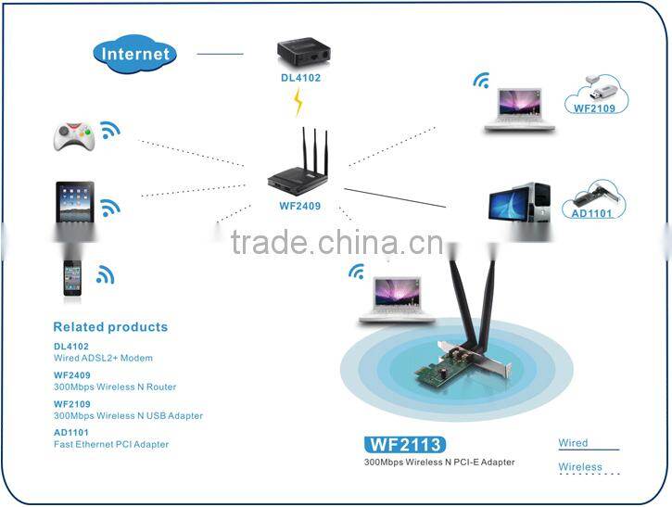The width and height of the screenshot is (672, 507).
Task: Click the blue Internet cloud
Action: click(135, 53)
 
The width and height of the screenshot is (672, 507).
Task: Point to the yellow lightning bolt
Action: click(298, 101)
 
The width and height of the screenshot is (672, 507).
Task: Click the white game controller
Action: click(72, 137)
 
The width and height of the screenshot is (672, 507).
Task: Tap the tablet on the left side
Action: click(75, 202)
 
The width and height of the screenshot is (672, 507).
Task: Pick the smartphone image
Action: click(72, 276)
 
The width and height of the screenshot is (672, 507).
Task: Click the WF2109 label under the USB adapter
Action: click(595, 108)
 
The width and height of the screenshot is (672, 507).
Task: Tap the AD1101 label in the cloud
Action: click(593, 213)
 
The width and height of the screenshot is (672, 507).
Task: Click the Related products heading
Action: click(110, 327)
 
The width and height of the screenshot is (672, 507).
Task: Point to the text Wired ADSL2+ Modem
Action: click(103, 358)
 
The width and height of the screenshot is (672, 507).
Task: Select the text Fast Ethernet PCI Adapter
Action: click(111, 445)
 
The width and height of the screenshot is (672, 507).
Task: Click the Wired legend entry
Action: click(574, 443)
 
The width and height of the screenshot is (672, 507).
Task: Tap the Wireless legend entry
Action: click(580, 467)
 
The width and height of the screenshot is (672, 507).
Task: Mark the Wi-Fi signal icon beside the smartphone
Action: click(105, 274)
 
